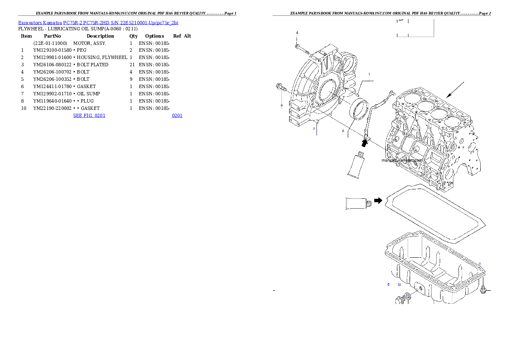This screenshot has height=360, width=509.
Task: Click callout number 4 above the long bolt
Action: click(297, 32)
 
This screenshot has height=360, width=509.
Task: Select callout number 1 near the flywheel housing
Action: click(369, 74)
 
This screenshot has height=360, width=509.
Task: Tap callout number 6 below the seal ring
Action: click(343, 131)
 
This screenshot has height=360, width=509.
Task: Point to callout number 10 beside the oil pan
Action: click(399, 284)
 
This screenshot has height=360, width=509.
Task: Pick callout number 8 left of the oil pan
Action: click(388, 284)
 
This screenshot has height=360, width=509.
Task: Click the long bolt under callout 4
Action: click(302, 48)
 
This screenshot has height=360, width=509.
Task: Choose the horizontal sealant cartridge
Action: click(357, 204)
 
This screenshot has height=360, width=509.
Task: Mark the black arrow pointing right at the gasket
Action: click(377, 200)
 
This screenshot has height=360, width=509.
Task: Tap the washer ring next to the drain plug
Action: click(408, 296)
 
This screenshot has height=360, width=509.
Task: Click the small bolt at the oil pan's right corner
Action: click(483, 290)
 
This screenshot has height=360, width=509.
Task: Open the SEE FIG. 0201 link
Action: click(89, 115)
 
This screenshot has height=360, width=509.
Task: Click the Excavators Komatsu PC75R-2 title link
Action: click(98, 23)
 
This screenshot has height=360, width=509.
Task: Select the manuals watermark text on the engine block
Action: click(402, 161)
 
